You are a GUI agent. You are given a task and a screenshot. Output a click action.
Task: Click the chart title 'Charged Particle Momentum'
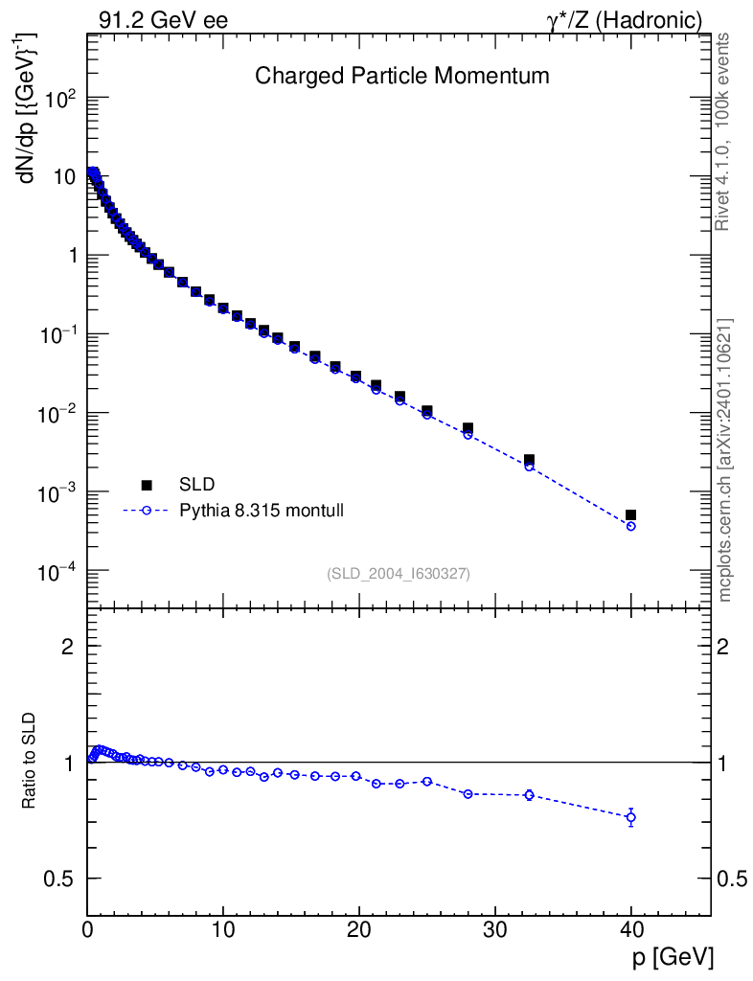tap(402, 76)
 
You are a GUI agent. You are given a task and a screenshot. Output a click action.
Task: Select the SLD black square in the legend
tap(147, 485)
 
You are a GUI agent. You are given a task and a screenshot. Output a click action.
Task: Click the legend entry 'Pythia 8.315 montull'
tap(262, 511)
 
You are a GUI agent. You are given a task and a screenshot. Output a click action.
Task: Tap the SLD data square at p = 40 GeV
tap(630, 515)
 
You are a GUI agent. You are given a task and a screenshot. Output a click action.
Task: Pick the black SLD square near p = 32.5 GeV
tap(529, 460)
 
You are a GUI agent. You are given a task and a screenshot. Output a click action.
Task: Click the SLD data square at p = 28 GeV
tap(468, 428)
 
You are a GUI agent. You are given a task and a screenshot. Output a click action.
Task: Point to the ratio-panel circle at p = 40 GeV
tap(630, 817)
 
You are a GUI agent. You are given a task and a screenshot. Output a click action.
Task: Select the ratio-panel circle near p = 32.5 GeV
tap(529, 794)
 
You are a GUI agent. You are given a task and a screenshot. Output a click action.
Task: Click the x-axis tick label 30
tap(494, 928)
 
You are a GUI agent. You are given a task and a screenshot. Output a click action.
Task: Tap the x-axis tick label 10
tap(223, 928)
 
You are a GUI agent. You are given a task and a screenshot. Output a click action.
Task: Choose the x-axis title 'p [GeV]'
tap(673, 957)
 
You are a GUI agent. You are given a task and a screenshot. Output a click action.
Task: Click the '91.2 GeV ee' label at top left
tap(163, 19)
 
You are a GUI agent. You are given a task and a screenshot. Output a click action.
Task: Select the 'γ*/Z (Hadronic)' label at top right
tap(625, 19)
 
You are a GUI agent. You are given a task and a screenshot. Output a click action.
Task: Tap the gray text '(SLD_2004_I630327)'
tap(399, 573)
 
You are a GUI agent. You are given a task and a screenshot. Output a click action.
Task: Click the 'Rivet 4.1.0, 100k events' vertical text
tap(723, 131)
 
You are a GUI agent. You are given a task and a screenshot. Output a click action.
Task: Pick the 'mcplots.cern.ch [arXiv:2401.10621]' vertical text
tap(725, 460)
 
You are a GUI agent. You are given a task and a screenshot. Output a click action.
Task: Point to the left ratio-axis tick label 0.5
tap(59, 878)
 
